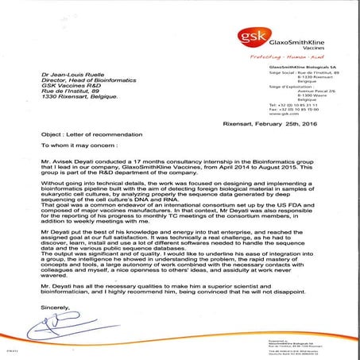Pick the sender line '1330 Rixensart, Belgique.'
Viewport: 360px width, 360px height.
[83, 99]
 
